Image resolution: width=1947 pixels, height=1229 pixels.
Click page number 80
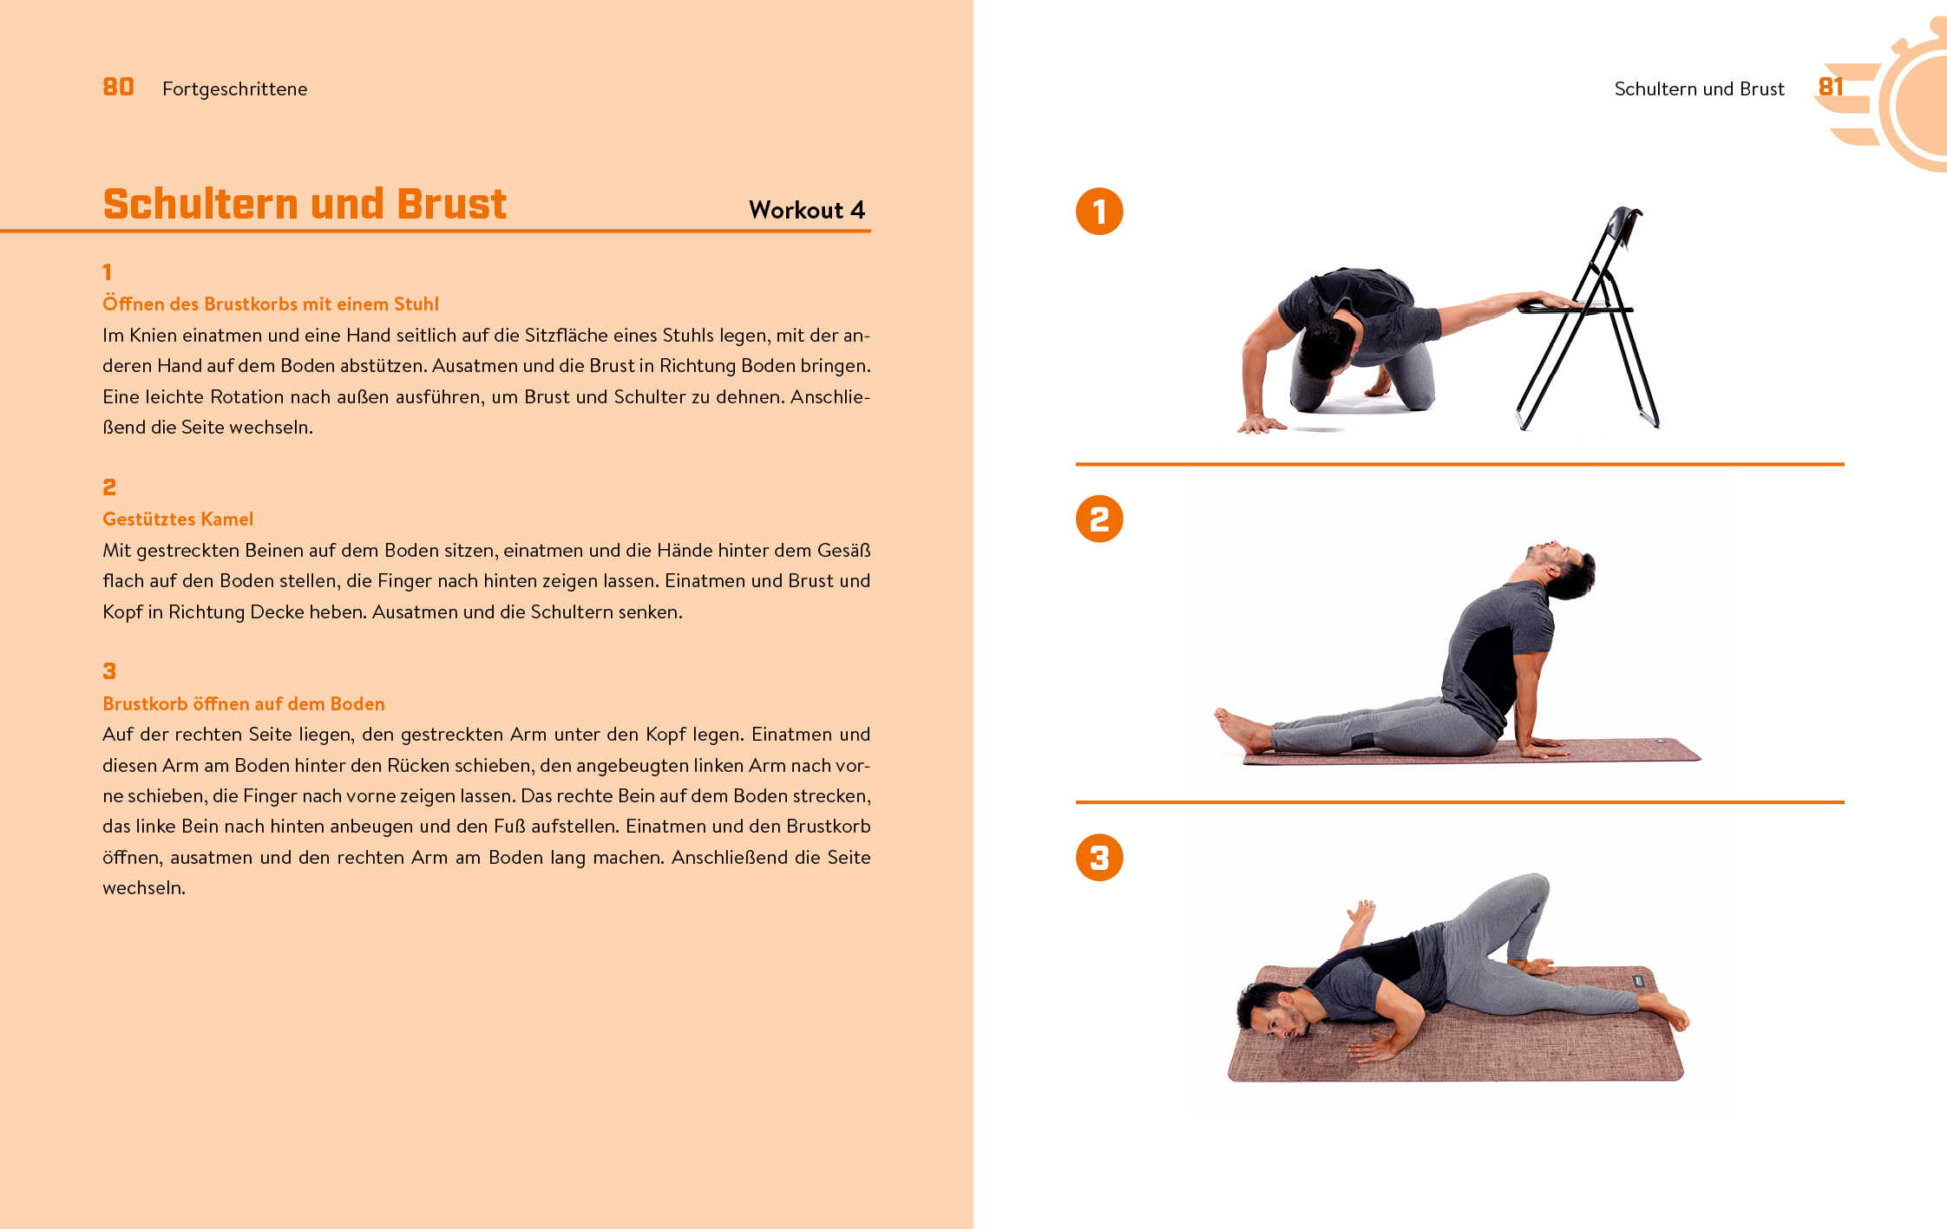click(x=118, y=87)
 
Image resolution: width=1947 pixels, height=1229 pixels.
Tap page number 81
click(x=1830, y=87)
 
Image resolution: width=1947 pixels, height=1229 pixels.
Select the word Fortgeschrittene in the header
click(x=234, y=88)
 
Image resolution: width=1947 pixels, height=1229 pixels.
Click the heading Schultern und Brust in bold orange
click(x=305, y=204)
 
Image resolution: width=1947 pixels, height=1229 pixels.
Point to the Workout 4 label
click(x=807, y=210)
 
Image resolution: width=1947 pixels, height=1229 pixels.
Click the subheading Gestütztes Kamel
click(x=178, y=519)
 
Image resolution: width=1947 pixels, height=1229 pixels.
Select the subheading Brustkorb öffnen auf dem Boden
click(x=244, y=703)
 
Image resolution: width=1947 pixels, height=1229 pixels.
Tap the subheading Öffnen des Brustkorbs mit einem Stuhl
click(x=271, y=304)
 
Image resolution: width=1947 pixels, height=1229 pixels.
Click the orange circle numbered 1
click(x=1099, y=212)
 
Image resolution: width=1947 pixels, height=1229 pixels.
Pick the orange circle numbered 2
click(x=1099, y=519)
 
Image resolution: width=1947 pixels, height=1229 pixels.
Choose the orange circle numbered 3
click(x=1099, y=857)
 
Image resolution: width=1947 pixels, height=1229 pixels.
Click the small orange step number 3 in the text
click(x=109, y=670)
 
